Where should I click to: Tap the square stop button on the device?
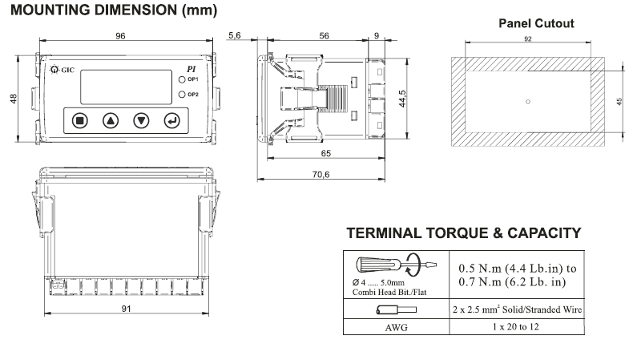pos(79,121)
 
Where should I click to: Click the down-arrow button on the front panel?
pos(142,121)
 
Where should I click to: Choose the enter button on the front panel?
pos(172,121)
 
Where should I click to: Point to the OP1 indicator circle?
pos(183,80)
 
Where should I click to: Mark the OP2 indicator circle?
pos(183,95)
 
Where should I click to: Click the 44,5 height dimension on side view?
pos(409,97)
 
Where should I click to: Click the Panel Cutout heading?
pos(536,23)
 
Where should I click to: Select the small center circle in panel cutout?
pos(526,101)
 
